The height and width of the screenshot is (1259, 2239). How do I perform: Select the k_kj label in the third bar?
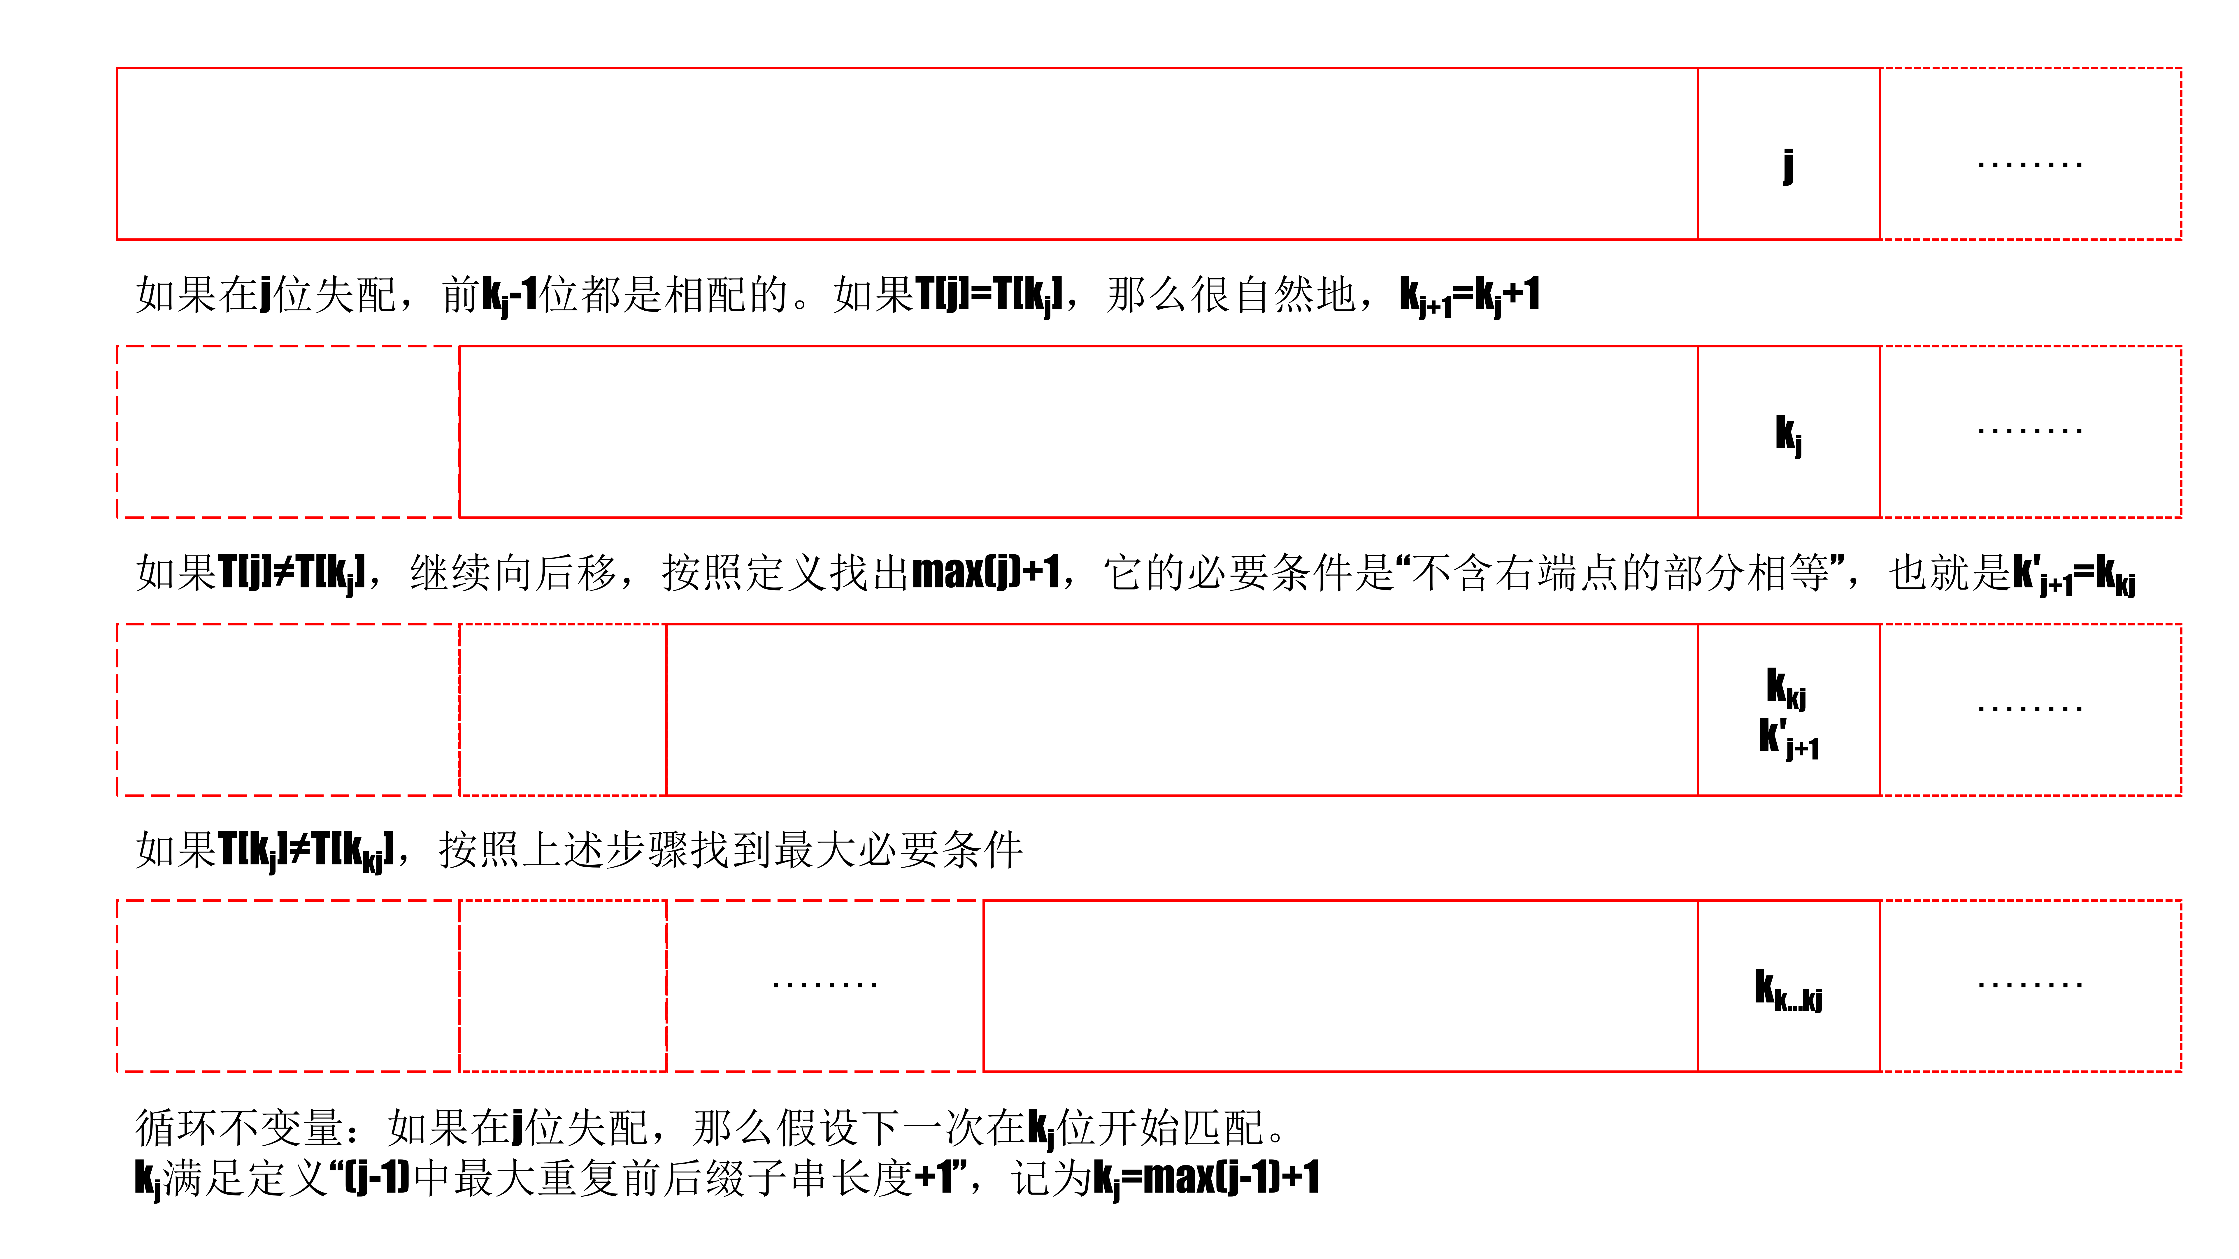coord(1786,688)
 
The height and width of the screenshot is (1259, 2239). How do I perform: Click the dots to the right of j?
coord(2029,163)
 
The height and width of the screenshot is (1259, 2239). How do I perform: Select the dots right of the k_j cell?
coord(2029,430)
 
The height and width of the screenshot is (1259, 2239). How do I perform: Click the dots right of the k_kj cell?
coord(2029,708)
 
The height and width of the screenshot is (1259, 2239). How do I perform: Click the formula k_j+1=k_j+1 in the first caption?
coord(1469,296)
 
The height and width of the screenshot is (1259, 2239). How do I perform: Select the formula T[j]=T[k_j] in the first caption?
coord(988,296)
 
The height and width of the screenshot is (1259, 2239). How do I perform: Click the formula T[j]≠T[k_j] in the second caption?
coord(291,574)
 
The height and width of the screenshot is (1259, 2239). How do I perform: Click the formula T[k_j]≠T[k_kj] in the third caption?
coord(306,850)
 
